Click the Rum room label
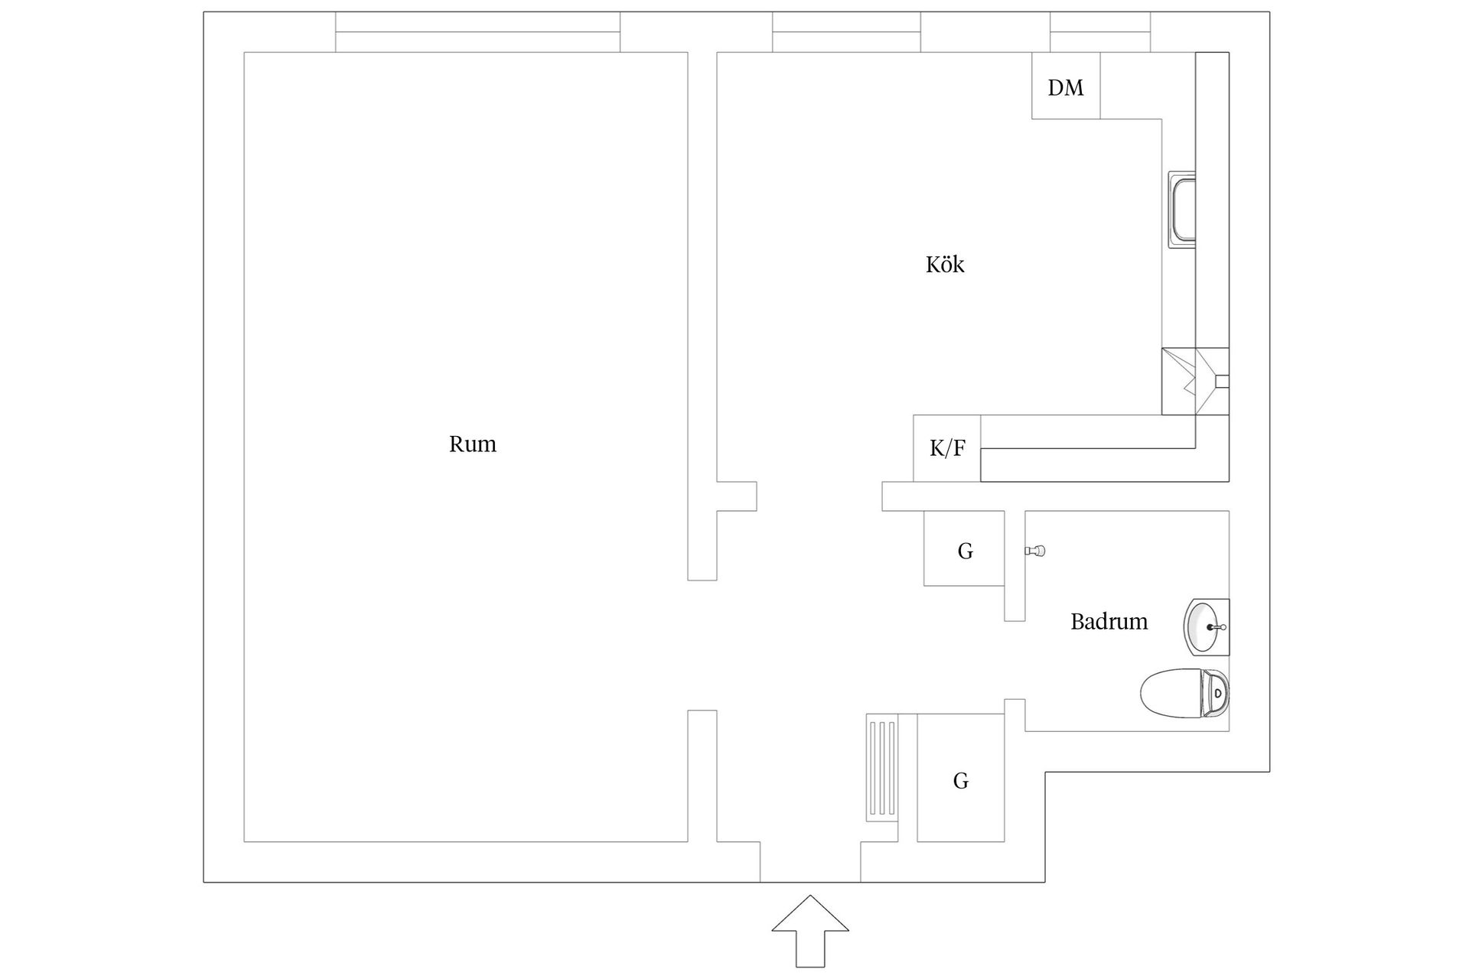(x=472, y=444)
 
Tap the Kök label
(x=945, y=265)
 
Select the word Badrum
(x=1109, y=621)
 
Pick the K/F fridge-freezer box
(x=946, y=448)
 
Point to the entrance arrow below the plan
(x=810, y=929)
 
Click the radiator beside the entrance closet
(x=882, y=767)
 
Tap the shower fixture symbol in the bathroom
(x=1035, y=551)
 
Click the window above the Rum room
(x=477, y=32)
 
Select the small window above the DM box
(x=1099, y=32)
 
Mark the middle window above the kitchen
(x=846, y=32)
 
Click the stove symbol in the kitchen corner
(x=1194, y=382)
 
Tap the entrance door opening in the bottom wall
(x=810, y=862)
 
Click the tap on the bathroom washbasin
(x=1217, y=627)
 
